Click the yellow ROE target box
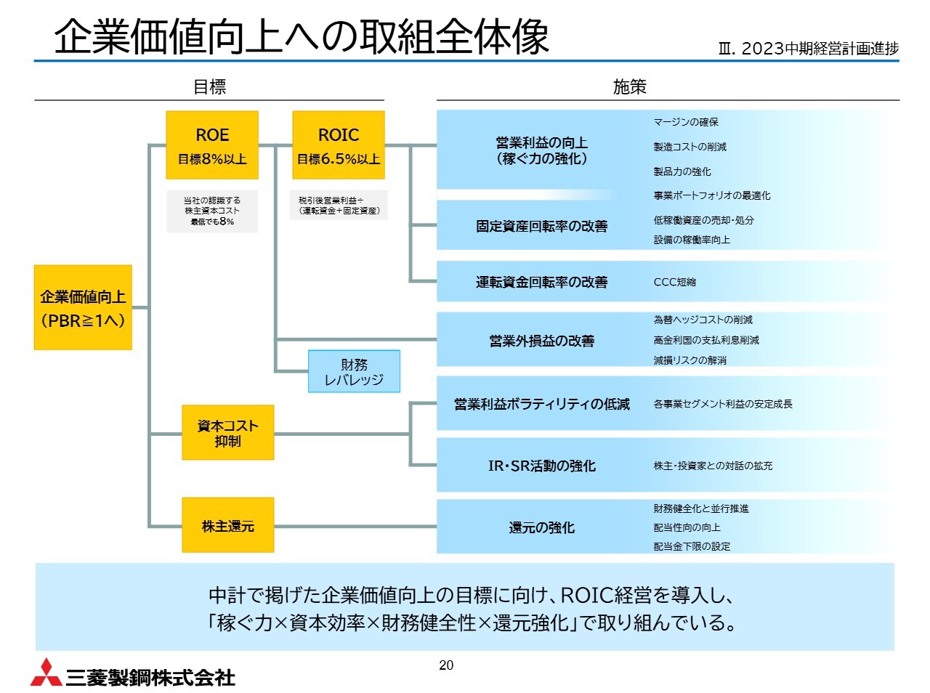pos(212,145)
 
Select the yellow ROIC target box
pos(339,145)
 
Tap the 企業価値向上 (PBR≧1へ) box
pos(83,308)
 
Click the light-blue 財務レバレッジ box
pos(354,372)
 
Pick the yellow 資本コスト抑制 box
pos(227,433)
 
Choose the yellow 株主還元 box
pos(227,526)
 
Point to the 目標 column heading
pos(209,87)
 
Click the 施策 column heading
pos(629,87)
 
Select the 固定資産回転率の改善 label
pos(541,227)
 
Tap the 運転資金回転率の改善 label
pos(541,282)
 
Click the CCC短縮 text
pos(674,282)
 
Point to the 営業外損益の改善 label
pos(541,341)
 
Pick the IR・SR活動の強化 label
pos(541,466)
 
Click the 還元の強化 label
pos(541,527)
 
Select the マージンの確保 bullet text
pos(686,122)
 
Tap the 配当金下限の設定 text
pos(692,546)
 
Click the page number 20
pos(446,665)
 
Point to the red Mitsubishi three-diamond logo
pos(46,673)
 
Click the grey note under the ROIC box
pos(339,206)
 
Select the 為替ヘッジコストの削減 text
pos(703,320)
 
